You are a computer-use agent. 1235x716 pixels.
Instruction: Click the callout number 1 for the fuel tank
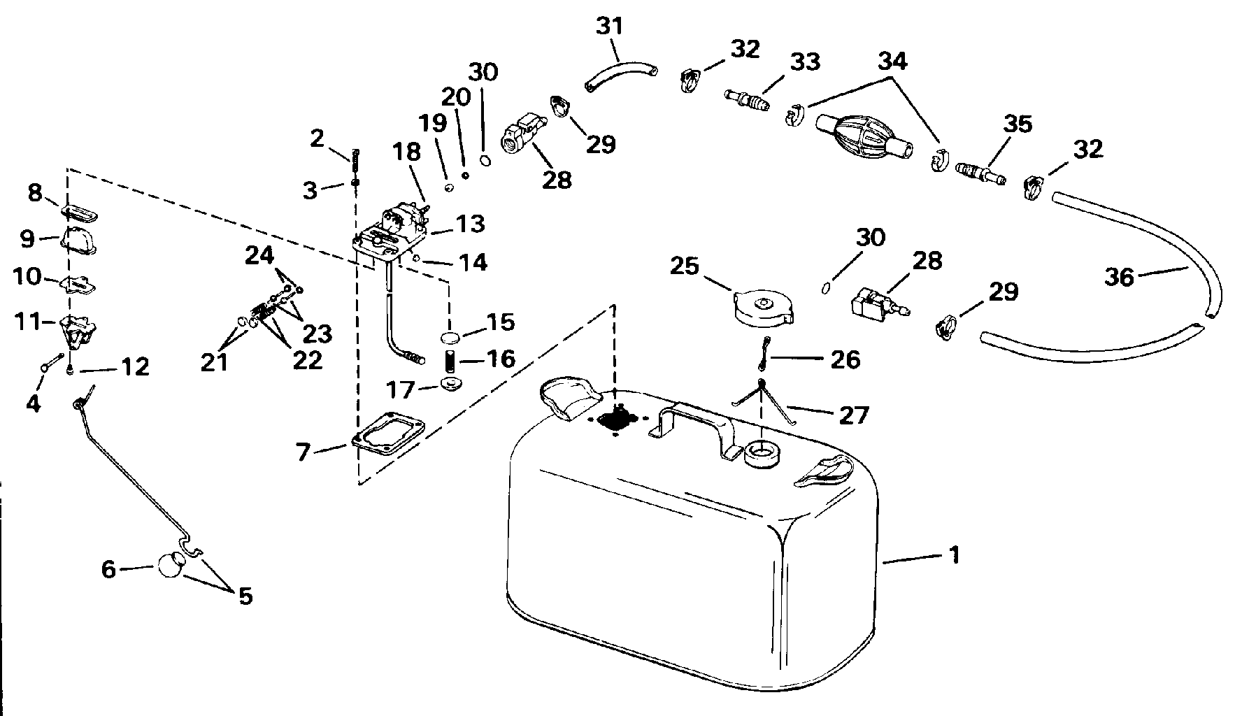955,555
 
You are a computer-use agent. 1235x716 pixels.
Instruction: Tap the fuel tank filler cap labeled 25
762,308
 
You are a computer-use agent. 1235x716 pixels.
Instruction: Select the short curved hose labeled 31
620,73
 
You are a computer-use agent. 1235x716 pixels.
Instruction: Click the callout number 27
852,415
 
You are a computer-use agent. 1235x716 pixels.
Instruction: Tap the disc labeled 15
452,339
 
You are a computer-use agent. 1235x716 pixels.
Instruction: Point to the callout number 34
892,62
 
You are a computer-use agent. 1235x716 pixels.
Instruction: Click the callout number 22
307,360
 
